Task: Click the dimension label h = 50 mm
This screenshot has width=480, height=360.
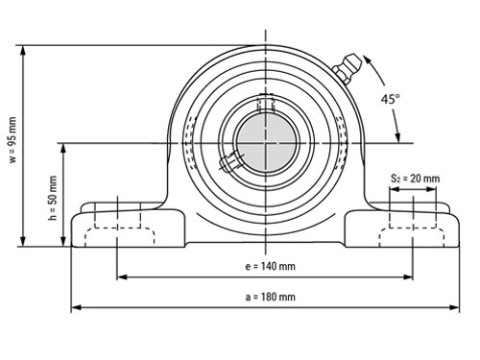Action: click(x=52, y=195)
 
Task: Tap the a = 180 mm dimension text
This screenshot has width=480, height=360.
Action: click(x=266, y=298)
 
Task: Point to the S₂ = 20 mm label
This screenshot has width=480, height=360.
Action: click(x=415, y=179)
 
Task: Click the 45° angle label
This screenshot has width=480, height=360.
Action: click(x=390, y=99)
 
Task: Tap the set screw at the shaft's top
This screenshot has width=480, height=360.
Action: click(x=266, y=102)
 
